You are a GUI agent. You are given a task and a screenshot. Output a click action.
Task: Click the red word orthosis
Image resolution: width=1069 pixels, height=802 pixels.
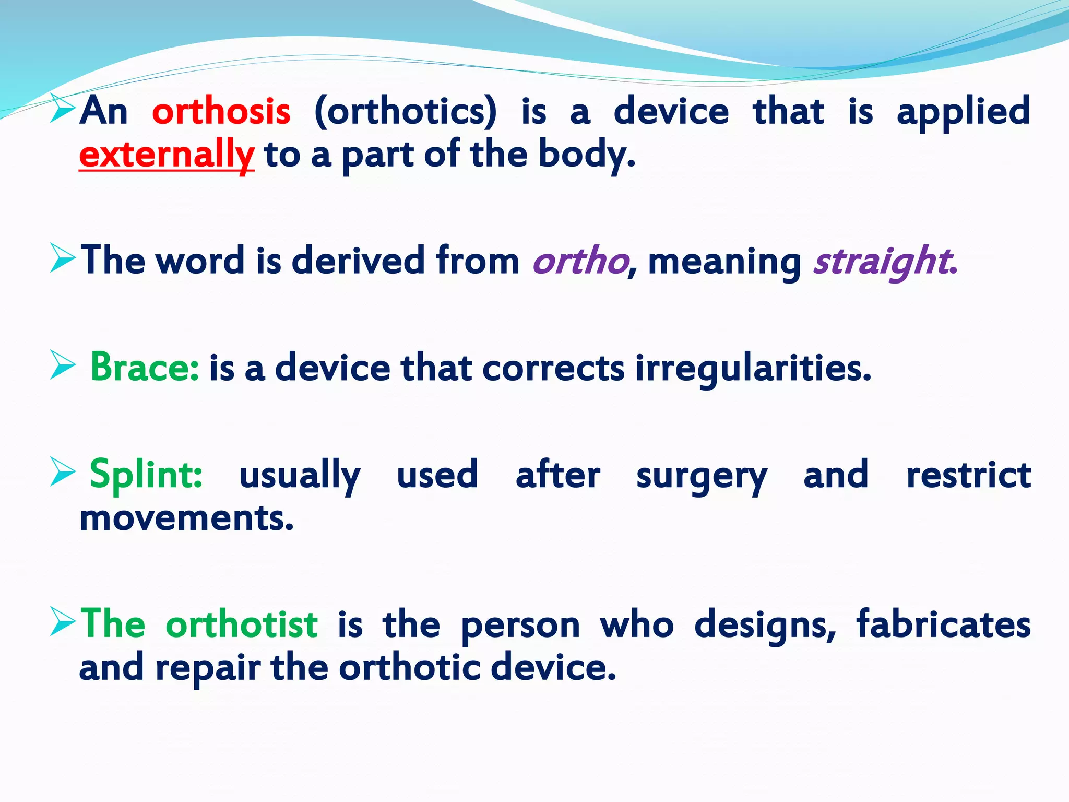(x=221, y=112)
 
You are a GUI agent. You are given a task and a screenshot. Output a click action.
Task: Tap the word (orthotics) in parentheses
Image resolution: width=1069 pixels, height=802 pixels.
(x=406, y=112)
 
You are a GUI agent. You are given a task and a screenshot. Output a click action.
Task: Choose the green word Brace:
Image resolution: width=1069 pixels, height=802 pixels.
(x=145, y=368)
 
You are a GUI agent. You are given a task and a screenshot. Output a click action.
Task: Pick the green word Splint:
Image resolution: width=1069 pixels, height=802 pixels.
(x=146, y=475)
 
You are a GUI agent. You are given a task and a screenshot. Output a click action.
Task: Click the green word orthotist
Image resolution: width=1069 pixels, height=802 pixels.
(x=241, y=624)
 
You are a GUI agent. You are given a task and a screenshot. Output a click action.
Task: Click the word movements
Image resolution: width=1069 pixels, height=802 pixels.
(x=186, y=519)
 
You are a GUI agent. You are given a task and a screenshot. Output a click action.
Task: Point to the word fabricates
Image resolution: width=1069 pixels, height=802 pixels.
(x=943, y=624)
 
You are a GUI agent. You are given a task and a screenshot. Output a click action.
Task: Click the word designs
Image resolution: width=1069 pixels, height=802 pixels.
(x=765, y=625)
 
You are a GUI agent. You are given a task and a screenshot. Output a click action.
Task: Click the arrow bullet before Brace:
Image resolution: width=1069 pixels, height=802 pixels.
(x=63, y=365)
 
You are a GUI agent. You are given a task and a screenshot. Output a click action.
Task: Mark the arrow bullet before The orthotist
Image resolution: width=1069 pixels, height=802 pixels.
(x=63, y=621)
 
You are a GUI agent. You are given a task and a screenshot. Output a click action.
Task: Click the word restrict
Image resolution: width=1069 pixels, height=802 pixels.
(x=968, y=475)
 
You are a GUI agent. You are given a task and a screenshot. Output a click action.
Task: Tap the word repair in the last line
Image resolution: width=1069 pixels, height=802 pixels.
(x=207, y=668)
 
